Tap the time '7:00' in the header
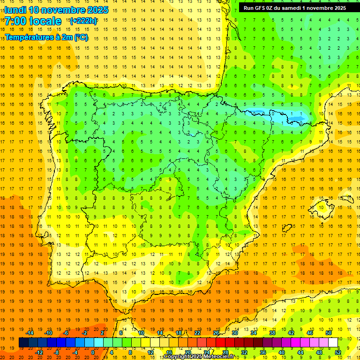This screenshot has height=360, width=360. tap(15, 21)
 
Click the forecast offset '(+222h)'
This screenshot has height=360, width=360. tap(83, 21)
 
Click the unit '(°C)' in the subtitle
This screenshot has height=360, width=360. tap(80, 37)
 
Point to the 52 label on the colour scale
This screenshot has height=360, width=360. tap(338, 352)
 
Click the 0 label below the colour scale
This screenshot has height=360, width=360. tap(93, 352)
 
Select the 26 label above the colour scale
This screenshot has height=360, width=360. tap(216, 333)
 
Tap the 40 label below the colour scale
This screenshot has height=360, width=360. tap(282, 352)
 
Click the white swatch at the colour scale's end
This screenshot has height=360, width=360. tap(333, 343)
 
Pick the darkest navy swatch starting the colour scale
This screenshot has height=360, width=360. tap(23, 343)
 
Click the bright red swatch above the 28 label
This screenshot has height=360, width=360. tap(225, 343)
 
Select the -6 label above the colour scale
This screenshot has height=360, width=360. tap(66, 333)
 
